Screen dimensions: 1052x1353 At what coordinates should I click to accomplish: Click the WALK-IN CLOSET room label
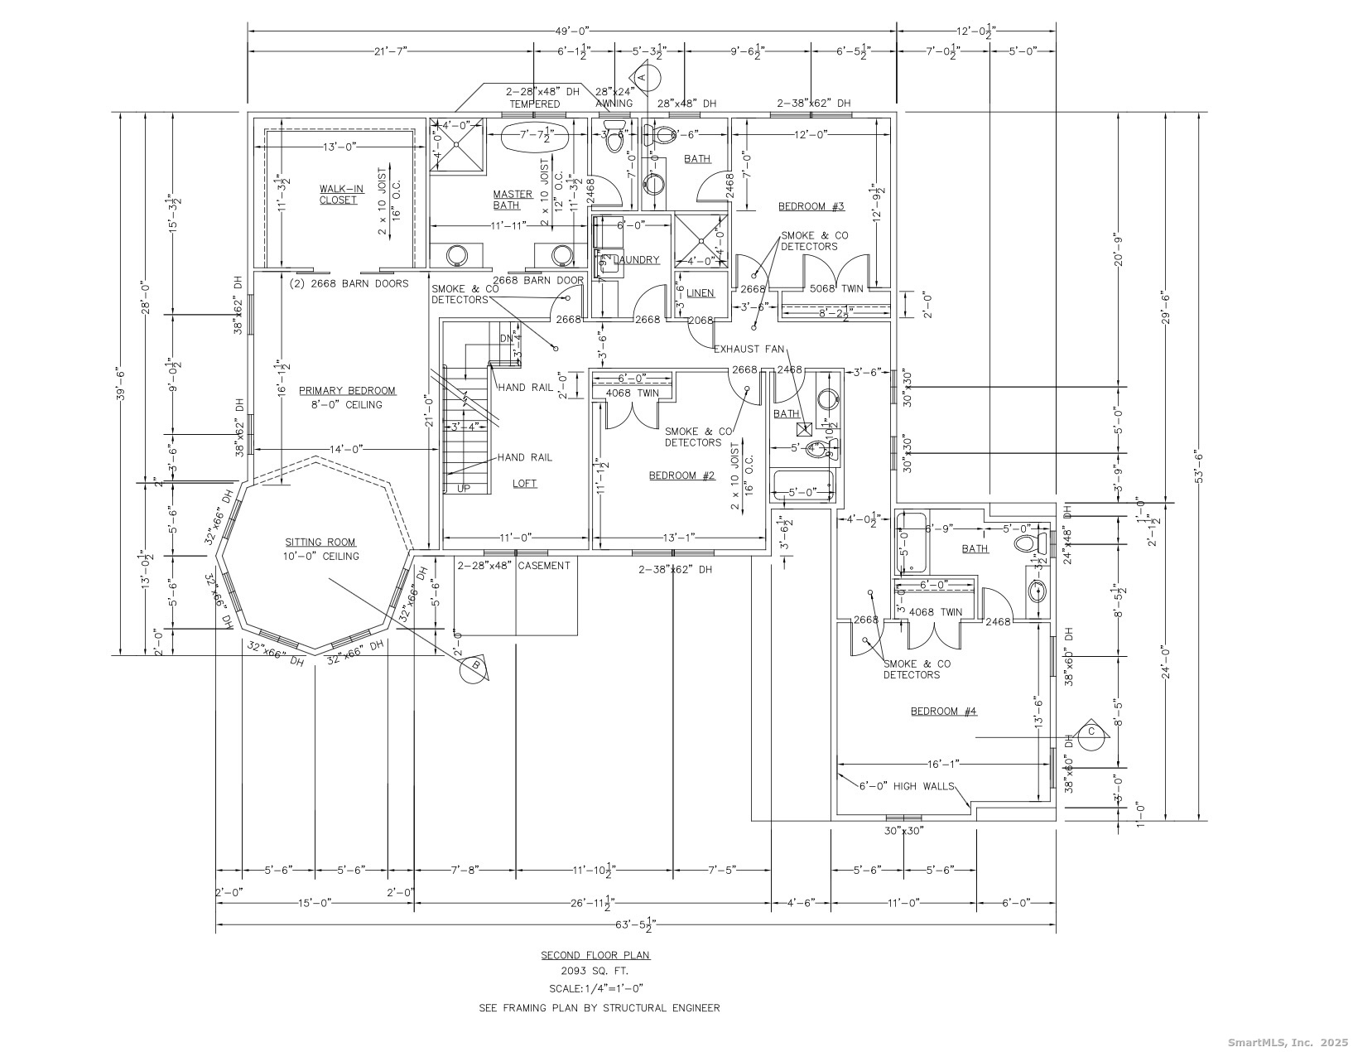tap(338, 194)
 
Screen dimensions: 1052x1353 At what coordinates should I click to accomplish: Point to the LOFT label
tap(524, 483)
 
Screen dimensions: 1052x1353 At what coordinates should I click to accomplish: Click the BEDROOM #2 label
tap(681, 475)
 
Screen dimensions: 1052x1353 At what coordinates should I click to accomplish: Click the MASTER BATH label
tap(513, 200)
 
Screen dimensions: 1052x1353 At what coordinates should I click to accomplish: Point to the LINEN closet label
tap(701, 293)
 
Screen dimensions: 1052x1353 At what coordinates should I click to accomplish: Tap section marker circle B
tap(475, 668)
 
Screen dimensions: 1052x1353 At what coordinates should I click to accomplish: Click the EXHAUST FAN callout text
tap(749, 349)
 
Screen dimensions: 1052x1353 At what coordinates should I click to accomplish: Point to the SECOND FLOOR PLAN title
tap(595, 954)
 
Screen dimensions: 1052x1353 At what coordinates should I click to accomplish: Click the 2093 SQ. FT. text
tap(595, 971)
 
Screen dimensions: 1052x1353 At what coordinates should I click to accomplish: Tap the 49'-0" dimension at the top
tap(571, 31)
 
